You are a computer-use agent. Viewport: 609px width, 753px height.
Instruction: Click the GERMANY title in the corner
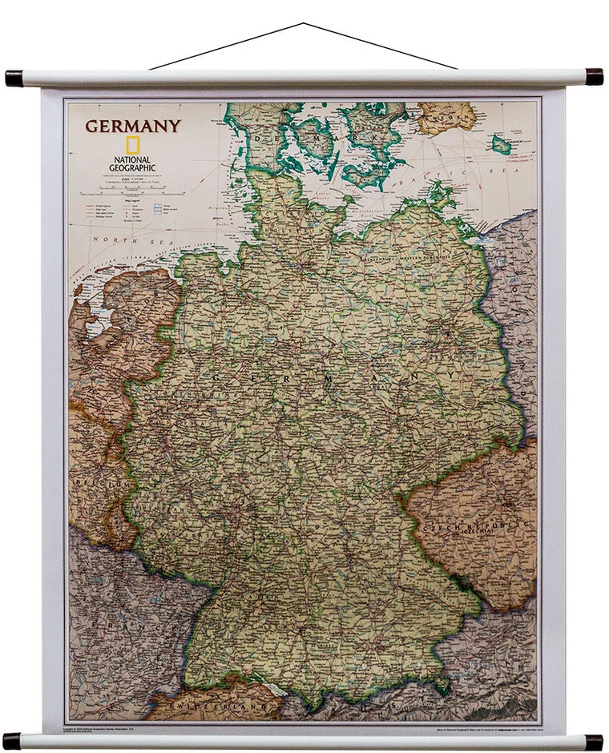pyautogui.click(x=133, y=126)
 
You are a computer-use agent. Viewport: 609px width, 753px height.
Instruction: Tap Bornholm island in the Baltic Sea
pyautogui.click(x=502, y=145)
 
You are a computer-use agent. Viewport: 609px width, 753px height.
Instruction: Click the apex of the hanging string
pyautogui.click(x=303, y=24)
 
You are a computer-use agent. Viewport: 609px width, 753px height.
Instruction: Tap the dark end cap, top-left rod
pyautogui.click(x=14, y=79)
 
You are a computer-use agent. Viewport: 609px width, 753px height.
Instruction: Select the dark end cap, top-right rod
pyautogui.click(x=594, y=77)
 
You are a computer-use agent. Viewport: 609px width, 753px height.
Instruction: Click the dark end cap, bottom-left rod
pyautogui.click(x=11, y=740)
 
